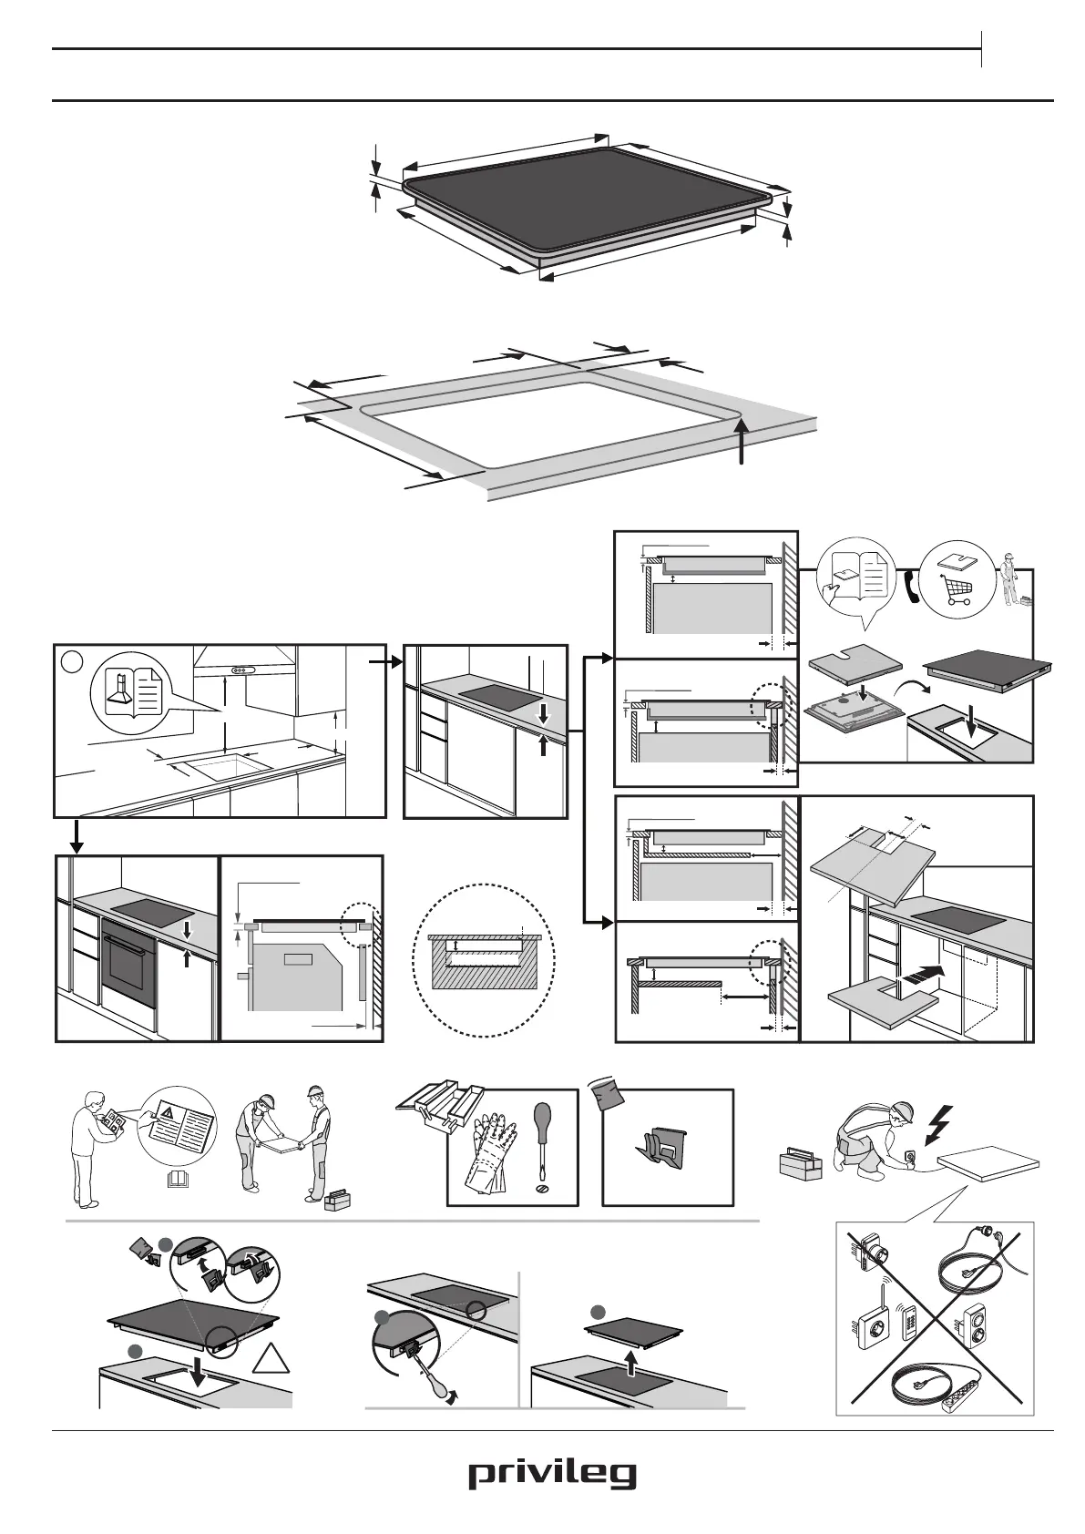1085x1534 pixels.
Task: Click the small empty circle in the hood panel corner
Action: [70, 658]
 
